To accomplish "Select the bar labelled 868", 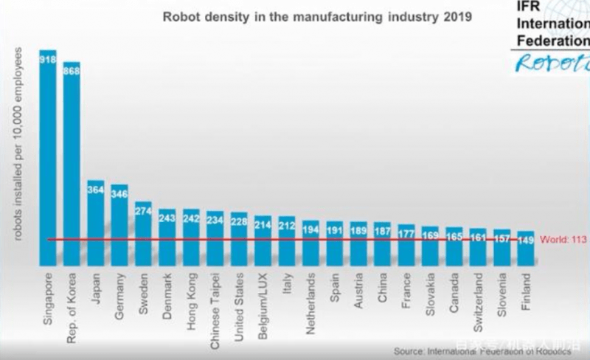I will click(x=72, y=162).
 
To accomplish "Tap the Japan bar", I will click(x=96, y=222).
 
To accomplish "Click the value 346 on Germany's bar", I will click(x=119, y=194).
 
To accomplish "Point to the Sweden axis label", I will click(x=144, y=291).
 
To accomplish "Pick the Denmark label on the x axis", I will click(x=167, y=294).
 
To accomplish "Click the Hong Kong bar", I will click(x=191, y=237).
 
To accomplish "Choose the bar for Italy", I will click(x=287, y=240).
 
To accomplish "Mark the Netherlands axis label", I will click(x=311, y=300).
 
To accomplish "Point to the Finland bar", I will click(x=526, y=248).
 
